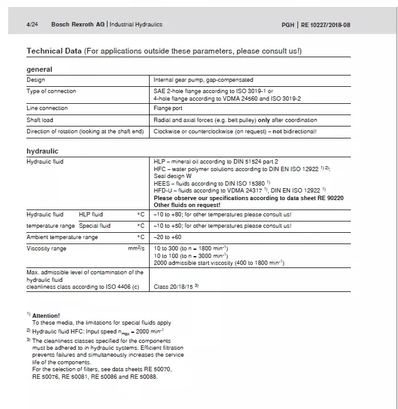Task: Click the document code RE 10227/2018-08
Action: [x=324, y=25]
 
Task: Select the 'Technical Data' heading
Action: [x=54, y=50]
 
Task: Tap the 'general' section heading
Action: [x=40, y=69]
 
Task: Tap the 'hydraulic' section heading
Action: [x=42, y=151]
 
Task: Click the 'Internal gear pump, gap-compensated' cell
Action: [x=203, y=80]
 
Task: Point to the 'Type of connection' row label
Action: [x=51, y=91]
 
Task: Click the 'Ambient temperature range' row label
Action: [x=62, y=237]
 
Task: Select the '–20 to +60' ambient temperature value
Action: [x=168, y=237]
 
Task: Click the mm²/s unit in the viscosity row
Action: [x=136, y=249]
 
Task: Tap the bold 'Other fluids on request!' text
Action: [x=187, y=204]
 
